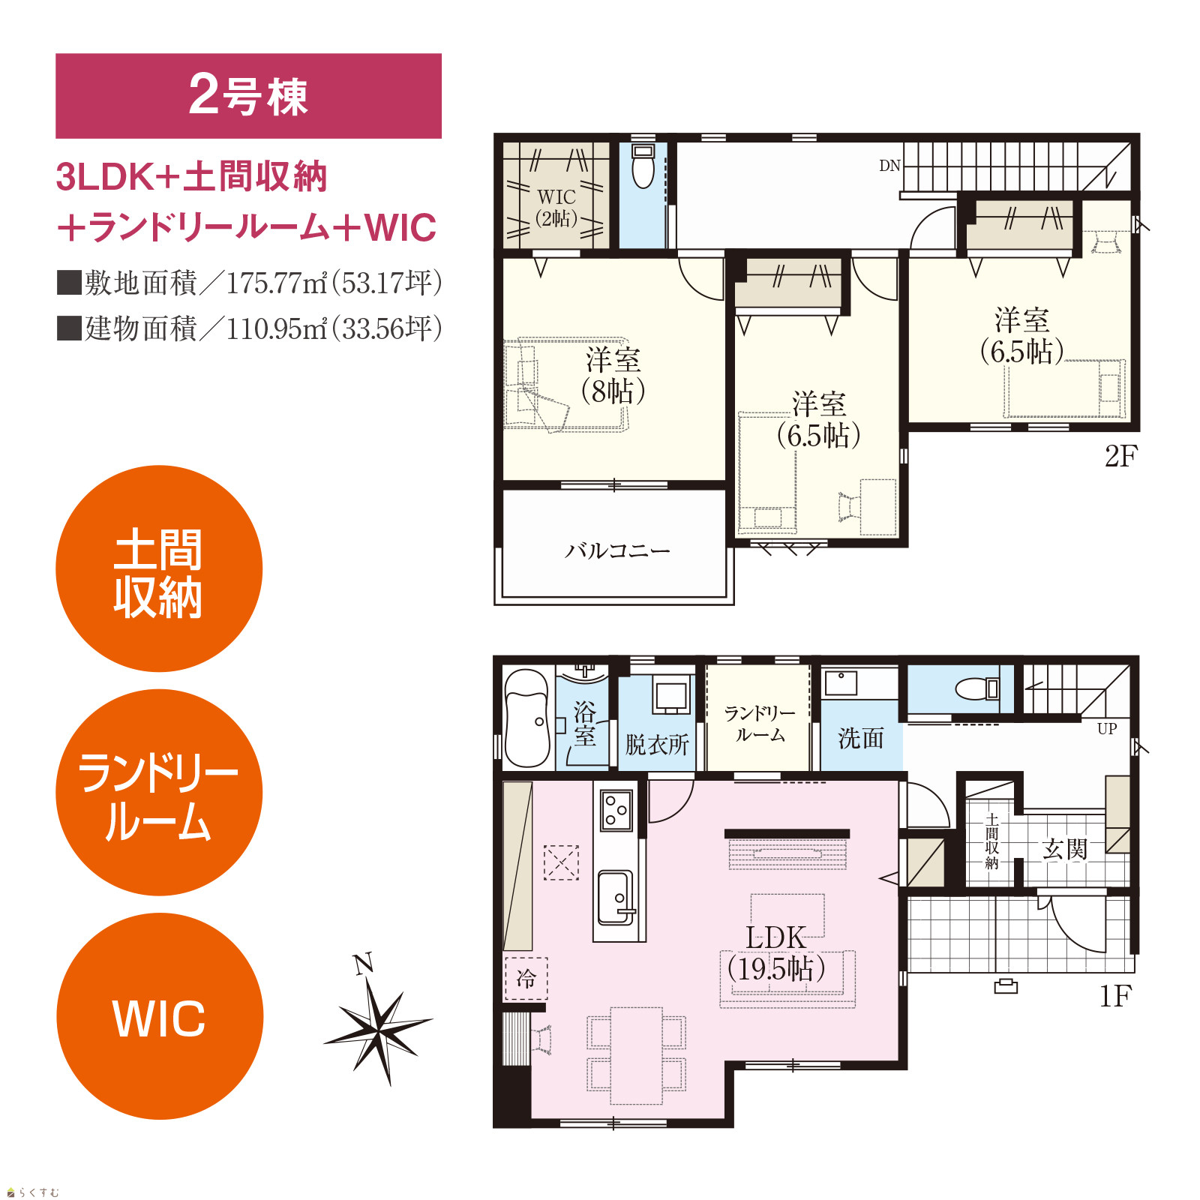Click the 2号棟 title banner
(x=248, y=96)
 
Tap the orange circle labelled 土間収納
(x=159, y=568)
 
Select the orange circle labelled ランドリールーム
(x=159, y=792)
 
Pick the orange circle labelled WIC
(x=160, y=1016)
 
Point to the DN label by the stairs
(x=889, y=166)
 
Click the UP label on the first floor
(x=1107, y=728)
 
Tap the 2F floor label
(x=1121, y=456)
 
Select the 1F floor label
(x=1115, y=996)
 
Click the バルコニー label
(x=616, y=551)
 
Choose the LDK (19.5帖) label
(x=776, y=953)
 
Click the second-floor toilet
(x=643, y=166)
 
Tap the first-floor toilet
(x=977, y=688)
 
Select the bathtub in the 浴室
(x=527, y=718)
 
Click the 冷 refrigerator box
(x=526, y=979)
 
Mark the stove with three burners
(x=617, y=810)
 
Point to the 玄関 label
(x=1065, y=849)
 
